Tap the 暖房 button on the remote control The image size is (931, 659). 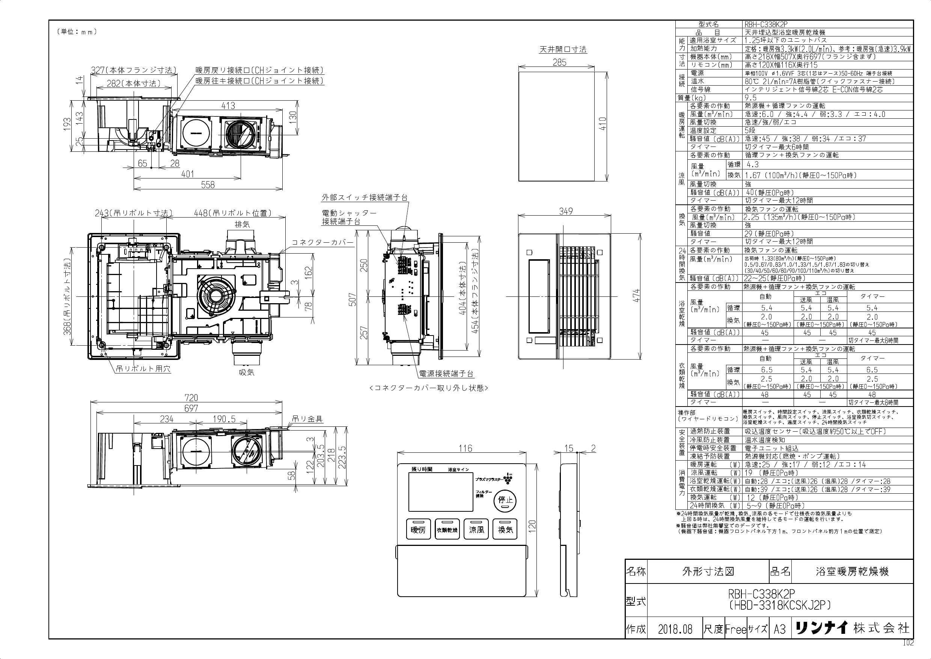point(418,529)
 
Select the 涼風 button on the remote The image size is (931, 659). point(476,529)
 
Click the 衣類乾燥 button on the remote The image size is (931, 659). point(447,529)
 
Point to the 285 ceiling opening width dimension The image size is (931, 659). point(559,62)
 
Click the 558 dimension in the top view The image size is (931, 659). point(208,184)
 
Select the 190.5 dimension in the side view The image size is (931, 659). point(223,419)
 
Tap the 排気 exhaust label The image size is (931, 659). point(242,224)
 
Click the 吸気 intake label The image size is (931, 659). point(246,372)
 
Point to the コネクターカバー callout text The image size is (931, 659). point(323,243)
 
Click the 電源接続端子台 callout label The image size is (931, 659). point(446,374)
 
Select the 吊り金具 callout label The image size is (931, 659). point(308,419)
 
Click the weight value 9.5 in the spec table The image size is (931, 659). point(750,98)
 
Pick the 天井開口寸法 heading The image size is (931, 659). point(562,50)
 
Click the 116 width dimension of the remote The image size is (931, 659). point(465,448)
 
